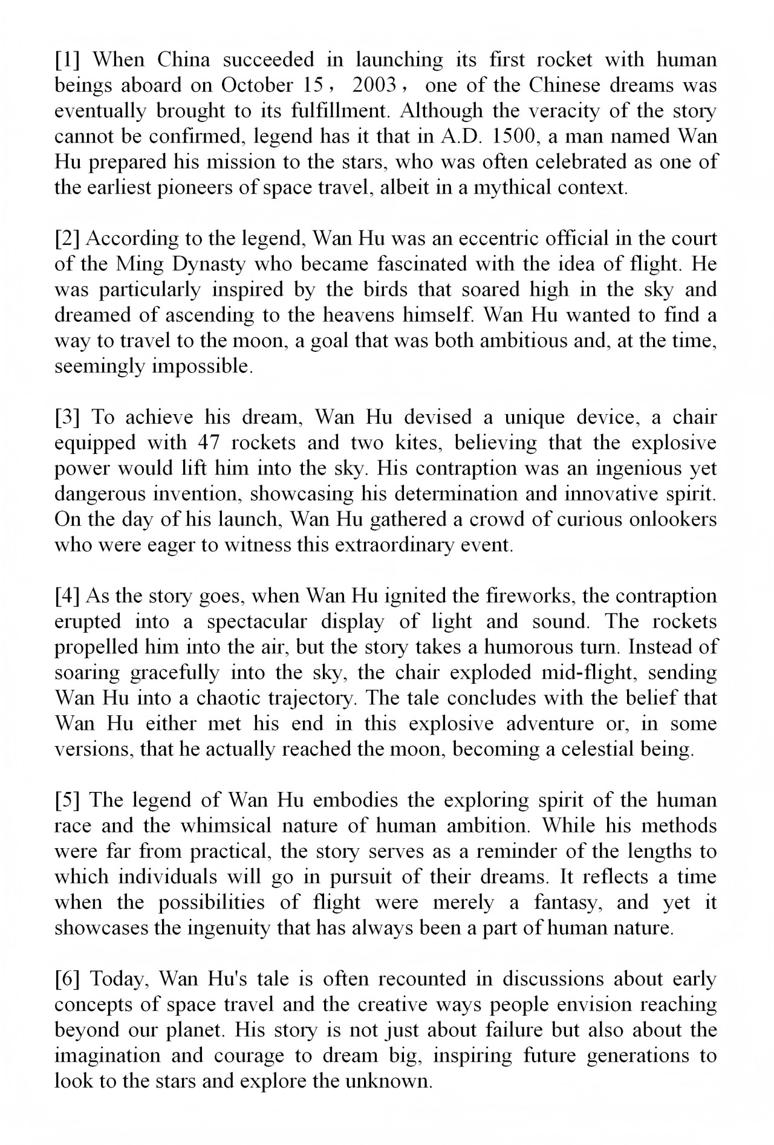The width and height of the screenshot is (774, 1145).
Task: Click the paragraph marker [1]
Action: (x=68, y=60)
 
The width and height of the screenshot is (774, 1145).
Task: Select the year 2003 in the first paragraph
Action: (x=374, y=85)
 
